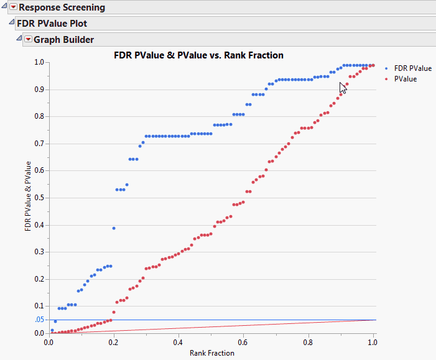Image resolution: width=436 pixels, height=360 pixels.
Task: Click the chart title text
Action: tap(199, 55)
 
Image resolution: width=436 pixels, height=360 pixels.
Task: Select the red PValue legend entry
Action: tap(405, 79)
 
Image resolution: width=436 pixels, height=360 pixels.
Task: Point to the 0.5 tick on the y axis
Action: tap(40, 198)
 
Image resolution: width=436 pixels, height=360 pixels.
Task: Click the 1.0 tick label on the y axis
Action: tap(40, 62)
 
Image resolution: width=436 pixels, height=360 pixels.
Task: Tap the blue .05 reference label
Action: tap(39, 320)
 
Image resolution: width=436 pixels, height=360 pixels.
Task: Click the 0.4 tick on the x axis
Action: tap(179, 341)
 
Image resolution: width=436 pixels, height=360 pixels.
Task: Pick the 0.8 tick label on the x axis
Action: tap(308, 341)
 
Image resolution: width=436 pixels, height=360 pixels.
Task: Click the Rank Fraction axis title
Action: tap(212, 353)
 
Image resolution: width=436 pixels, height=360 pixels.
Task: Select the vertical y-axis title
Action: tap(28, 196)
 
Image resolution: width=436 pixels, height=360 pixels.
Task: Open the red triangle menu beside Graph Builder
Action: tap(27, 40)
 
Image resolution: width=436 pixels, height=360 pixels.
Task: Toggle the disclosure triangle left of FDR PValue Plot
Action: tap(11, 23)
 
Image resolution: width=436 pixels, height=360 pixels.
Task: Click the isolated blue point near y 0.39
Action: tap(114, 228)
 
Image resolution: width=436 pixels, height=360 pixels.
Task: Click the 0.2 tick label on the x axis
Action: tap(114, 341)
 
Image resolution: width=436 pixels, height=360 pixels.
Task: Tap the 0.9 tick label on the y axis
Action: tap(40, 90)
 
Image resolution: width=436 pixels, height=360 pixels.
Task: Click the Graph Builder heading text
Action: tap(63, 40)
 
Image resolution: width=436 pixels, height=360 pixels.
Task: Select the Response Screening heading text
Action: tap(62, 7)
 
